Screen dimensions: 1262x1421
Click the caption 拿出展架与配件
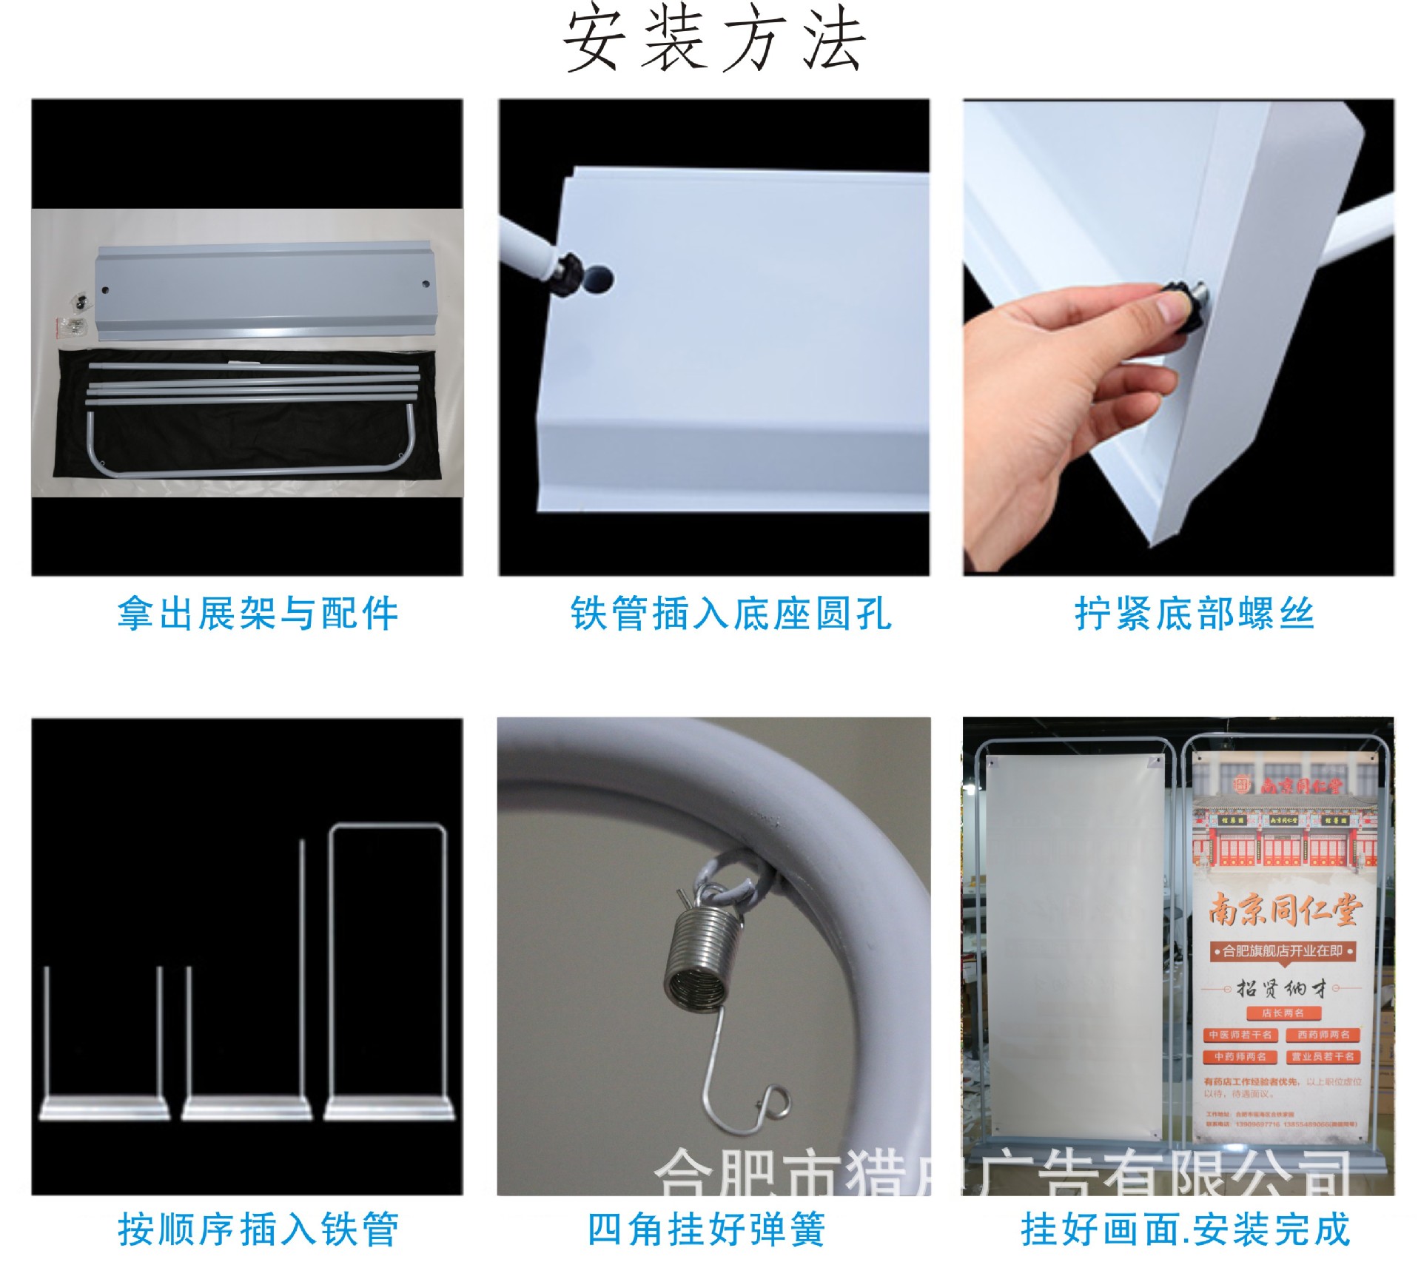pyautogui.click(x=258, y=614)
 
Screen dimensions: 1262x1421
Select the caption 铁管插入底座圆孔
pyautogui.click(x=730, y=614)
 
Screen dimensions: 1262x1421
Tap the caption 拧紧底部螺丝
pyautogui.click(x=1194, y=614)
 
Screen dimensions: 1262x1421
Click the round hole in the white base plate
pyautogui.click(x=597, y=279)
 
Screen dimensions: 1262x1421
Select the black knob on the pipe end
pyautogui.click(x=569, y=273)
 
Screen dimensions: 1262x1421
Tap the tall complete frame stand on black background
pyautogui.click(x=388, y=970)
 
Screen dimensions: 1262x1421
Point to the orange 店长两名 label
pyautogui.click(x=1283, y=1013)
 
